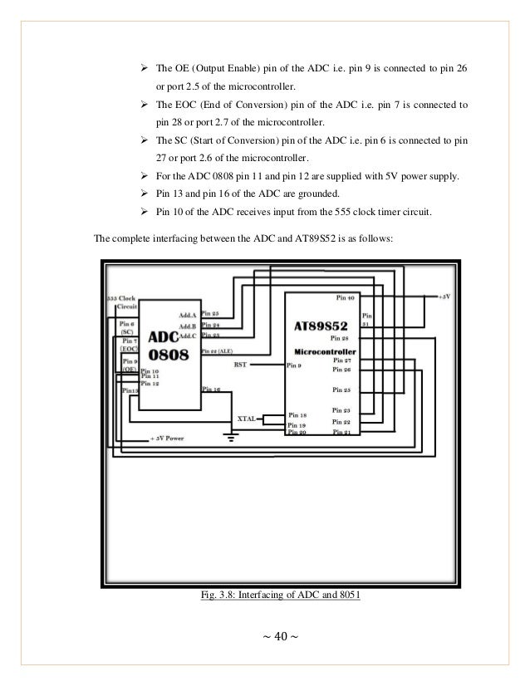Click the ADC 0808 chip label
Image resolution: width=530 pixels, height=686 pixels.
coord(169,345)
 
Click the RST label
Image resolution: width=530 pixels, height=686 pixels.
coord(240,364)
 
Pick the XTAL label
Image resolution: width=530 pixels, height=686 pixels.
coord(248,419)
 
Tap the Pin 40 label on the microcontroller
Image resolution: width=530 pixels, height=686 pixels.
coord(346,296)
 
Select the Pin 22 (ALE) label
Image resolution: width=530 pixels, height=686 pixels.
coord(219,351)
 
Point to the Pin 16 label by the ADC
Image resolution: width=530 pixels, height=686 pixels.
coord(211,389)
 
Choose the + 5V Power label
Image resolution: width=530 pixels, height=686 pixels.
coord(166,438)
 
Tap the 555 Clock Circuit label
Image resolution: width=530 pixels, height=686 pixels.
coord(125,301)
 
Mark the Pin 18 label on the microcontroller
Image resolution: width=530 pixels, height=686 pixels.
coord(297,414)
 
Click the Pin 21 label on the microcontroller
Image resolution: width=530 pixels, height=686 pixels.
coord(341,433)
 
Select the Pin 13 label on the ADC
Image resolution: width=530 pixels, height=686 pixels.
coord(130,390)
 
